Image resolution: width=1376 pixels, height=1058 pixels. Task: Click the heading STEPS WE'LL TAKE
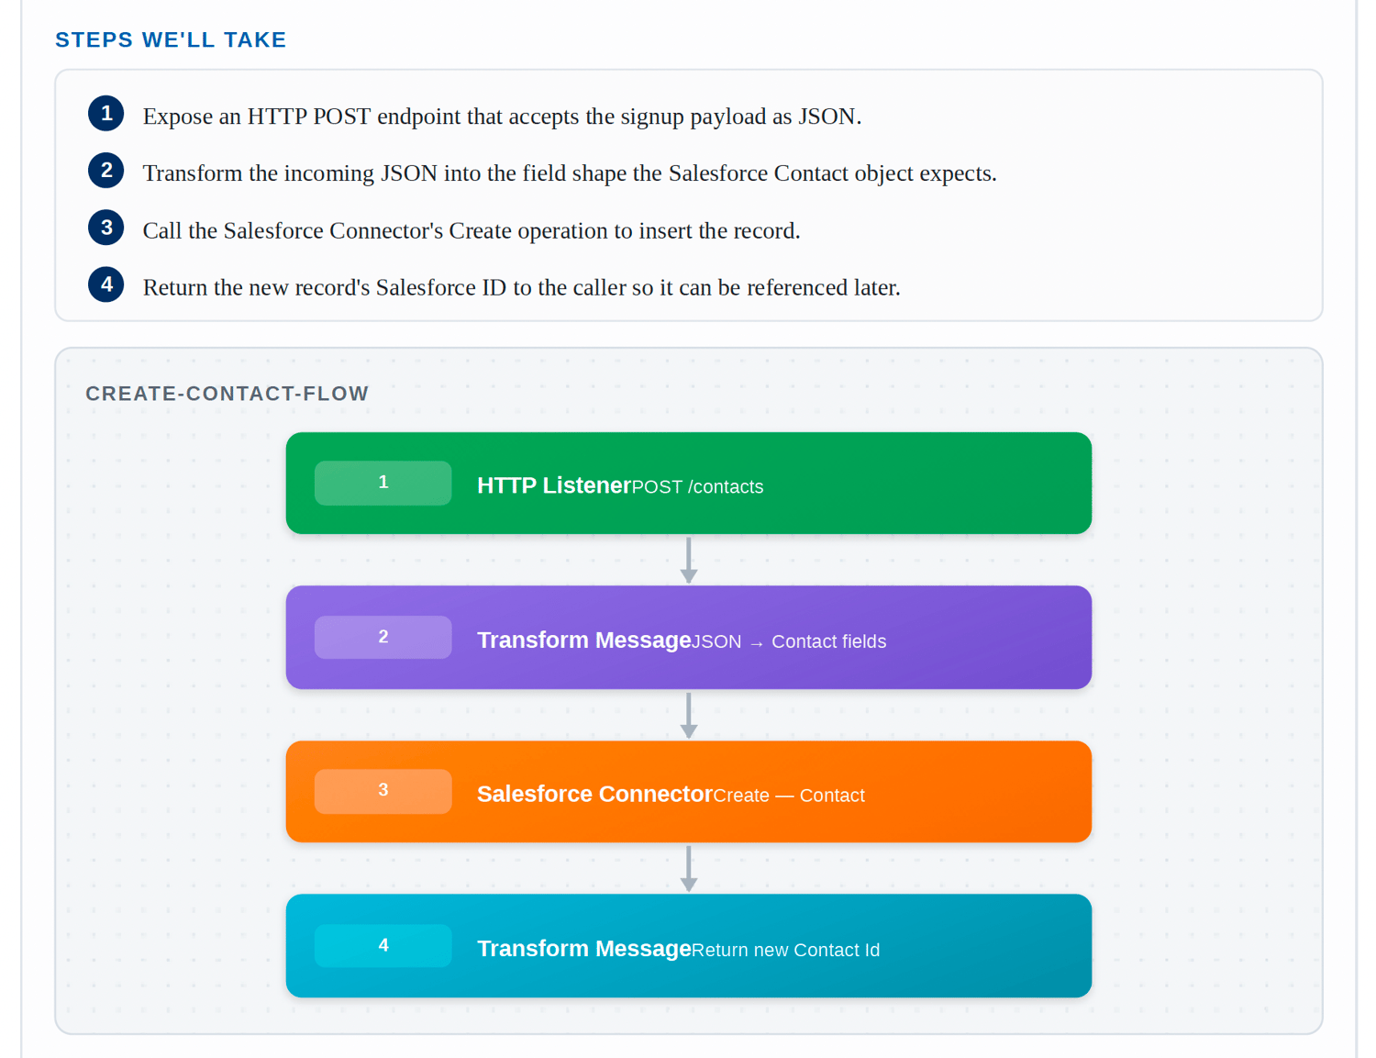click(171, 39)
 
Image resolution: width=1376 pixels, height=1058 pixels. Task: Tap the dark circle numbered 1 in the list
click(105, 114)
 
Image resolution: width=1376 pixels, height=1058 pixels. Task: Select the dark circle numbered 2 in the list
click(105, 171)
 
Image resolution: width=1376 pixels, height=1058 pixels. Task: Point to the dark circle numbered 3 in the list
click(105, 228)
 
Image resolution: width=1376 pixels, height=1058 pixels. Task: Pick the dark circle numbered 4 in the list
click(105, 284)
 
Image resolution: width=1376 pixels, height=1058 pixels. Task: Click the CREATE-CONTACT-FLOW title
click(227, 393)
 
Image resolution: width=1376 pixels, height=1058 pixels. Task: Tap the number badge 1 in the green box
click(383, 483)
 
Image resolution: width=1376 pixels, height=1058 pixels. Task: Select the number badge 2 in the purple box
click(383, 637)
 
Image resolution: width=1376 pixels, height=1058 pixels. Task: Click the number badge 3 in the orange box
click(383, 791)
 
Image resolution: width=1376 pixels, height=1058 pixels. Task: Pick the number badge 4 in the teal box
click(383, 945)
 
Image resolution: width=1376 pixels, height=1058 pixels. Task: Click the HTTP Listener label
click(554, 485)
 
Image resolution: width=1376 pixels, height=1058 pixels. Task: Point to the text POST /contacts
click(697, 487)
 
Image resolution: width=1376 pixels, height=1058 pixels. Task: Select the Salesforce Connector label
click(594, 794)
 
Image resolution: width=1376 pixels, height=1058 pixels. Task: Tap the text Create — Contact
click(788, 796)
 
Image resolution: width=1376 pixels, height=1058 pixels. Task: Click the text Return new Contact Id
click(785, 950)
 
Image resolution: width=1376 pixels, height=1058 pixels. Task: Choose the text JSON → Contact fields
click(788, 641)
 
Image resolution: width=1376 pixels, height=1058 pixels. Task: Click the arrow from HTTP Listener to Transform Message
click(688, 560)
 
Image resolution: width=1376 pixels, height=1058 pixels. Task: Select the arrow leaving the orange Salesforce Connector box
click(688, 869)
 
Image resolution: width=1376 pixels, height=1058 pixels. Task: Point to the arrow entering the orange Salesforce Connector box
click(688, 715)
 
